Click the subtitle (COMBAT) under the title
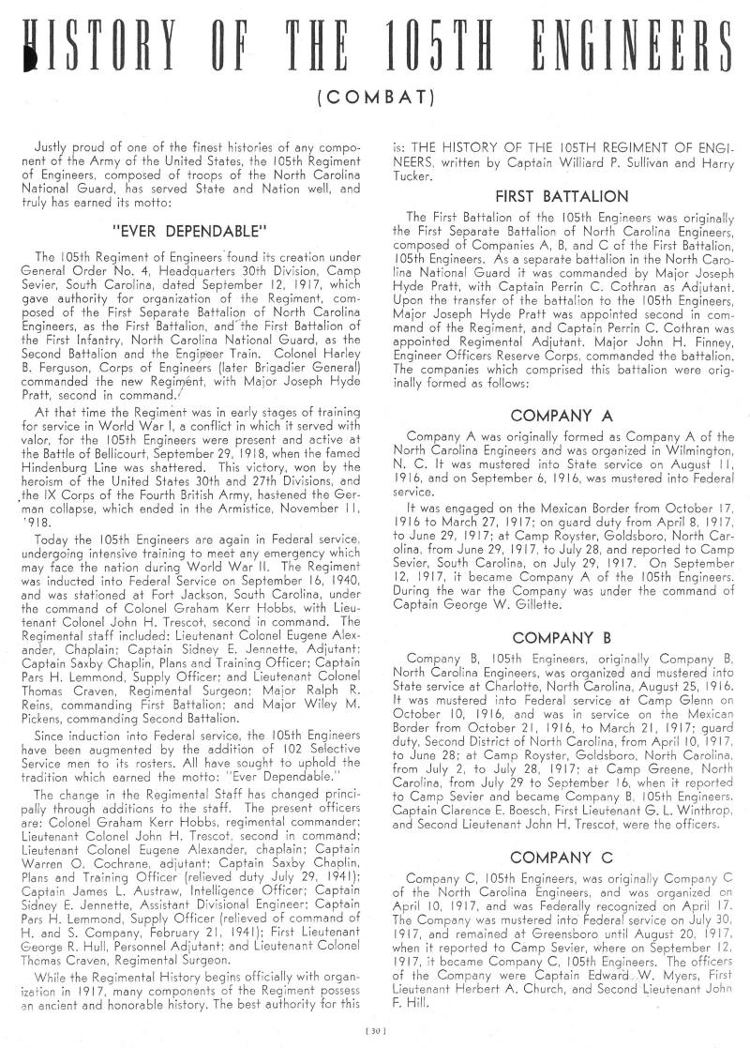375,96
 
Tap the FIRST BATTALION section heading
561,197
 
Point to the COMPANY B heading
561,638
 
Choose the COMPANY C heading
561,858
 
